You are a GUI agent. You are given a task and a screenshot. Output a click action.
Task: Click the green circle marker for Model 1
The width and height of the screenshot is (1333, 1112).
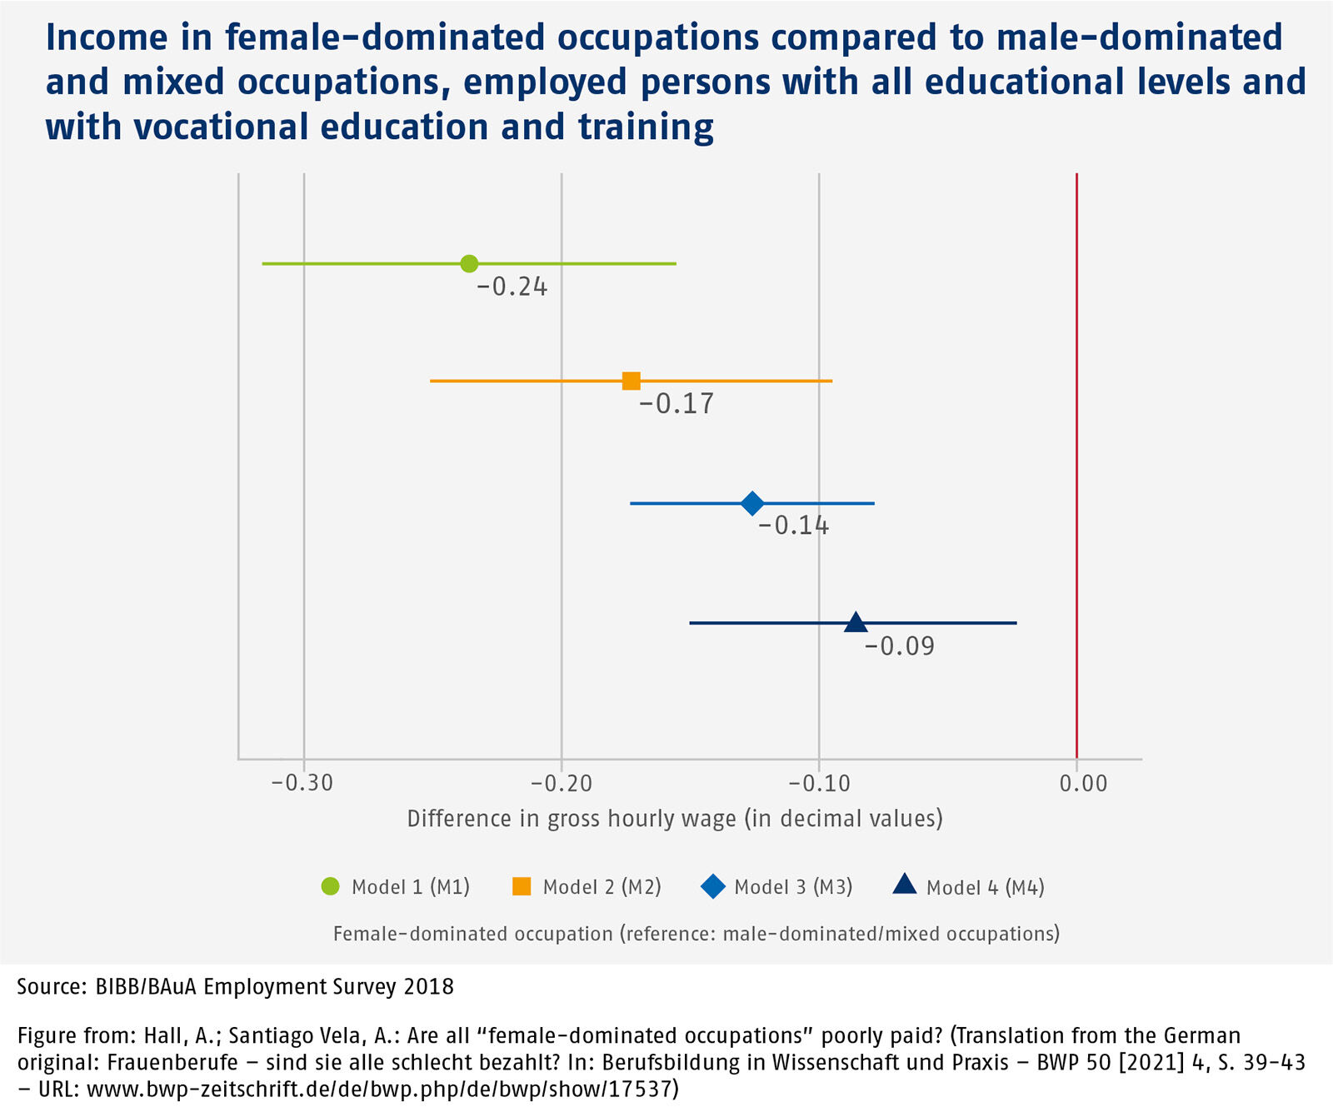point(469,263)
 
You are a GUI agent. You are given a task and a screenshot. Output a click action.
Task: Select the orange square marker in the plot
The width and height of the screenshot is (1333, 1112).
point(632,381)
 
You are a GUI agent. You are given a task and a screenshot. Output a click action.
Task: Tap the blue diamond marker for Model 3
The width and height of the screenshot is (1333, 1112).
point(752,503)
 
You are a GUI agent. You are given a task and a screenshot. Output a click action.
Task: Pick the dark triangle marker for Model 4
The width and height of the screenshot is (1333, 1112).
point(856,622)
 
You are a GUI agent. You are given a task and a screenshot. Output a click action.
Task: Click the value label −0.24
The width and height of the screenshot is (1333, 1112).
point(512,287)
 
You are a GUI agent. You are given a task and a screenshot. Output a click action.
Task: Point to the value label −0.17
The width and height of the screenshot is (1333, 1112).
point(676,404)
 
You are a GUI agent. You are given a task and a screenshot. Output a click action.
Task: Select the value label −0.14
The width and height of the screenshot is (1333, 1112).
point(793,526)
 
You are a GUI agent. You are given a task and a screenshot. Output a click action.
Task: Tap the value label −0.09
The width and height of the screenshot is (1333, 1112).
point(900,646)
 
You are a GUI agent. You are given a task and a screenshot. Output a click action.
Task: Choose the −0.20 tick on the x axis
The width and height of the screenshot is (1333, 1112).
point(561,783)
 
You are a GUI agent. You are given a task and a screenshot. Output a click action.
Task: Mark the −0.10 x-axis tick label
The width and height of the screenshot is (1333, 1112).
point(819,783)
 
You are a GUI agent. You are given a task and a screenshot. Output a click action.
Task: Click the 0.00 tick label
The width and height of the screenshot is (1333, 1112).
point(1083,783)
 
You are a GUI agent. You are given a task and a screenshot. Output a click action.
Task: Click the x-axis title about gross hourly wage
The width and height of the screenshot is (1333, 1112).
point(675,819)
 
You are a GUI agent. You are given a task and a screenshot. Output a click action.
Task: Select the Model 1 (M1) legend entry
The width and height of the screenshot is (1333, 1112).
point(396,887)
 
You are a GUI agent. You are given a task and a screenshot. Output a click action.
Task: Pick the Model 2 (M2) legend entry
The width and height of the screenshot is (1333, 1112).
point(587,887)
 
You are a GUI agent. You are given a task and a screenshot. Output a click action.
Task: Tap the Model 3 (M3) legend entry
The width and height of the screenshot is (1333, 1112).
point(778,887)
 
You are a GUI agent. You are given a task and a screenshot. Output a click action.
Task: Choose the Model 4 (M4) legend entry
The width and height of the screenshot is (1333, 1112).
point(970,887)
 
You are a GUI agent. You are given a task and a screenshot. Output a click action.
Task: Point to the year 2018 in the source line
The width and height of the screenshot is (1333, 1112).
point(428,987)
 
